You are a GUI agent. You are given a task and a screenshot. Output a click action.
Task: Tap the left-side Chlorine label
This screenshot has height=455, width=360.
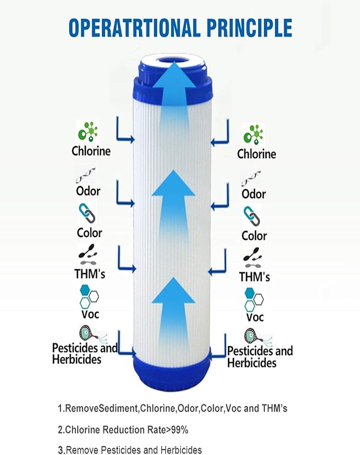(x=91, y=151)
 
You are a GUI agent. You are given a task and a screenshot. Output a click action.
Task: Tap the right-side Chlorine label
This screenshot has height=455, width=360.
(x=257, y=154)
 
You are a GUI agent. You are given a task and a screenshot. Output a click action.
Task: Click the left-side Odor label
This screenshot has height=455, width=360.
(x=88, y=191)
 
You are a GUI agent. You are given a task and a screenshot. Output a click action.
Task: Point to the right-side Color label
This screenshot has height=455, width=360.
(x=253, y=235)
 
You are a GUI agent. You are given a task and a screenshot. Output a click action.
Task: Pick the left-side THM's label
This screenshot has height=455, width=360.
(x=89, y=274)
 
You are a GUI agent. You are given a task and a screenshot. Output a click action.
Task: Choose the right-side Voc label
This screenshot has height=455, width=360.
(x=254, y=318)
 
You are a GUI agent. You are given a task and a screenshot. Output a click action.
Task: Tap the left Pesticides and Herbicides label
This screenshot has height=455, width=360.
(x=85, y=354)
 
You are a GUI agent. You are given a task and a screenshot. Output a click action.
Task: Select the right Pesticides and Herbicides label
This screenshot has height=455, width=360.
(x=260, y=357)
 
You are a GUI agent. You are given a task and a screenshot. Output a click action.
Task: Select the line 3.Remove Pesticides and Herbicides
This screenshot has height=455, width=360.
(x=130, y=450)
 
